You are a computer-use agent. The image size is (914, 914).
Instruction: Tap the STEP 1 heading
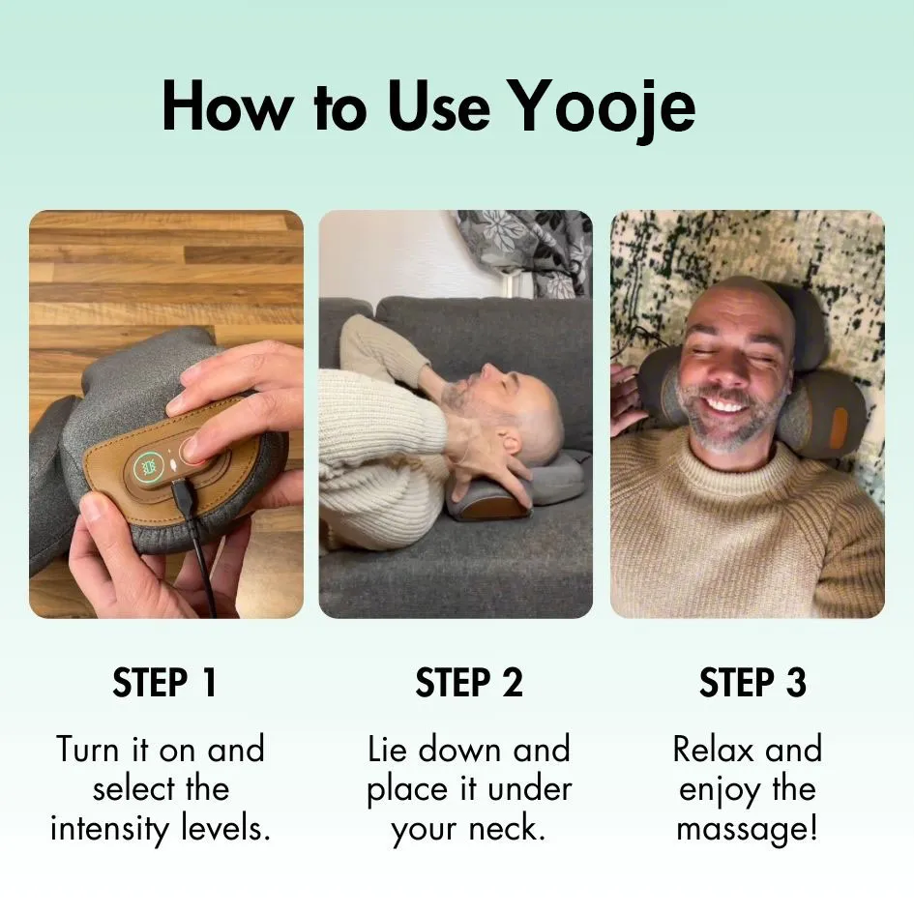click(x=165, y=682)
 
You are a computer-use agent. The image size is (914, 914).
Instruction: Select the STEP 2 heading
click(x=469, y=682)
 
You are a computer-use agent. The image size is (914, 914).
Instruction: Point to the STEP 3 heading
click(x=752, y=682)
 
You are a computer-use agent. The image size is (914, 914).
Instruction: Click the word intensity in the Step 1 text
click(x=108, y=828)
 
